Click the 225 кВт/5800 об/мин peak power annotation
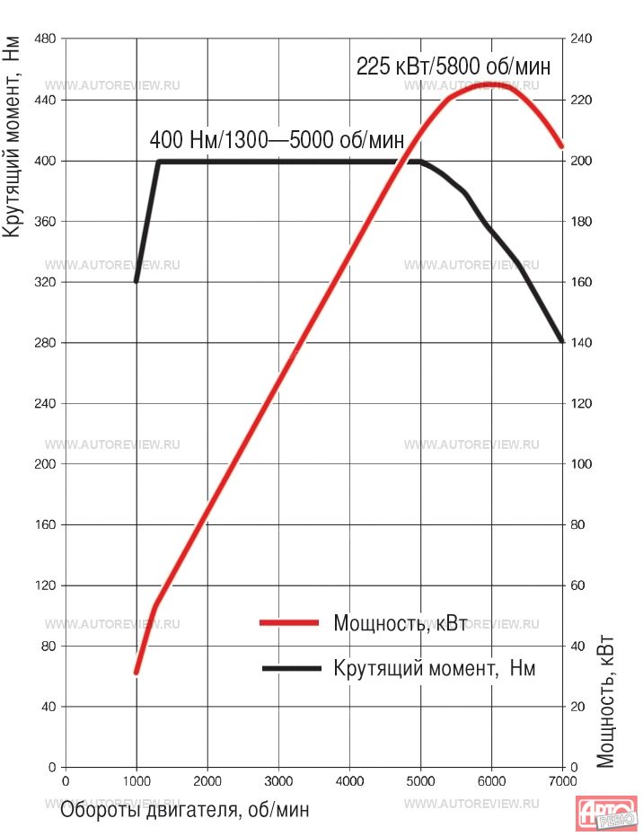(453, 66)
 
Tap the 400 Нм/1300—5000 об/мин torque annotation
(277, 140)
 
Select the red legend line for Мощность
(289, 622)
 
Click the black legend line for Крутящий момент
(289, 668)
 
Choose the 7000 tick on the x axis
(561, 780)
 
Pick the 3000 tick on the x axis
(278, 780)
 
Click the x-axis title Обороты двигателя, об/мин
(185, 809)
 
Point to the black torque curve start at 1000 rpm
(137, 281)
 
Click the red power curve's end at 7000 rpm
(561, 145)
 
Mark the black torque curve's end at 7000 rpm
(561, 341)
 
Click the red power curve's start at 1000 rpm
(137, 671)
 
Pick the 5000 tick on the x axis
(420, 780)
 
